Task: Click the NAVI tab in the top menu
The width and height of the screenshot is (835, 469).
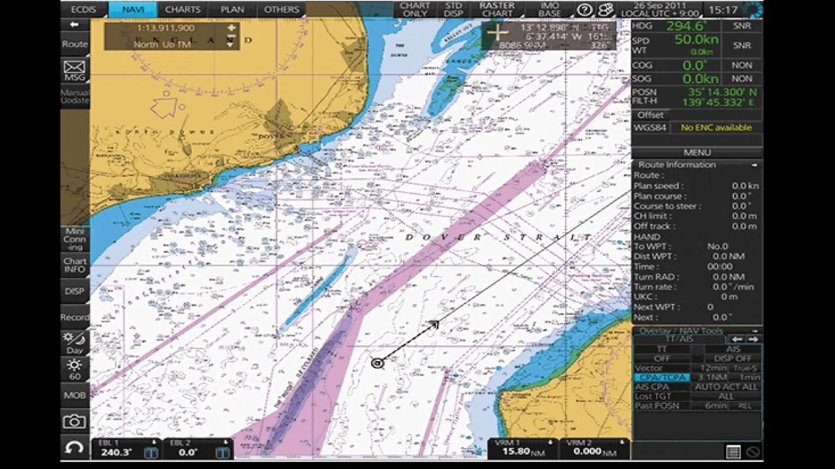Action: pyautogui.click(x=133, y=9)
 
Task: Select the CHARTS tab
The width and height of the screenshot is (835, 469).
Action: pyautogui.click(x=183, y=9)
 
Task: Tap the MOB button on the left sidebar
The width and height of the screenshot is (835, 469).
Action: pyautogui.click(x=75, y=395)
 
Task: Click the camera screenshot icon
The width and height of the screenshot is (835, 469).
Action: pyautogui.click(x=75, y=421)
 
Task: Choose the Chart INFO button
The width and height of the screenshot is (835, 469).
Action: pyautogui.click(x=75, y=265)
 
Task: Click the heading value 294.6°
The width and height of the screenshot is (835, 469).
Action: pyautogui.click(x=687, y=26)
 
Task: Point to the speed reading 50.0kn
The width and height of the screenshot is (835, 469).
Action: pyautogui.click(x=696, y=40)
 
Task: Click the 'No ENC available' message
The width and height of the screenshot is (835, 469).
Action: pyautogui.click(x=716, y=128)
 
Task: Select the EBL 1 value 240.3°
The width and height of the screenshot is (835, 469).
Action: pyautogui.click(x=117, y=452)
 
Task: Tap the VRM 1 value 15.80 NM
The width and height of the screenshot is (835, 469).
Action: pyautogui.click(x=516, y=451)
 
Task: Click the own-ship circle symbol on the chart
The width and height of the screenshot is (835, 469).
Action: pyautogui.click(x=378, y=363)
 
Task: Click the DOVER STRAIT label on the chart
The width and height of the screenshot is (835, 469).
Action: pyautogui.click(x=497, y=237)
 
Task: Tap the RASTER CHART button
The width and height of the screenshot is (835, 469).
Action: pyautogui.click(x=497, y=9)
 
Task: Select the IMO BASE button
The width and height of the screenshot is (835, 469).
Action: pyautogui.click(x=549, y=9)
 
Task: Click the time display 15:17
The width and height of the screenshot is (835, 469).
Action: pyautogui.click(x=723, y=10)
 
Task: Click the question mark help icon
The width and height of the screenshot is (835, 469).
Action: pyautogui.click(x=584, y=10)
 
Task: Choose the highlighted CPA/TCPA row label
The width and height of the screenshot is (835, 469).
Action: pyautogui.click(x=661, y=377)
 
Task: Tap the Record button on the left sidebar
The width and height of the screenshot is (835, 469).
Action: pyautogui.click(x=75, y=317)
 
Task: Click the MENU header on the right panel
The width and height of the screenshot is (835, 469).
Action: pyautogui.click(x=697, y=153)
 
